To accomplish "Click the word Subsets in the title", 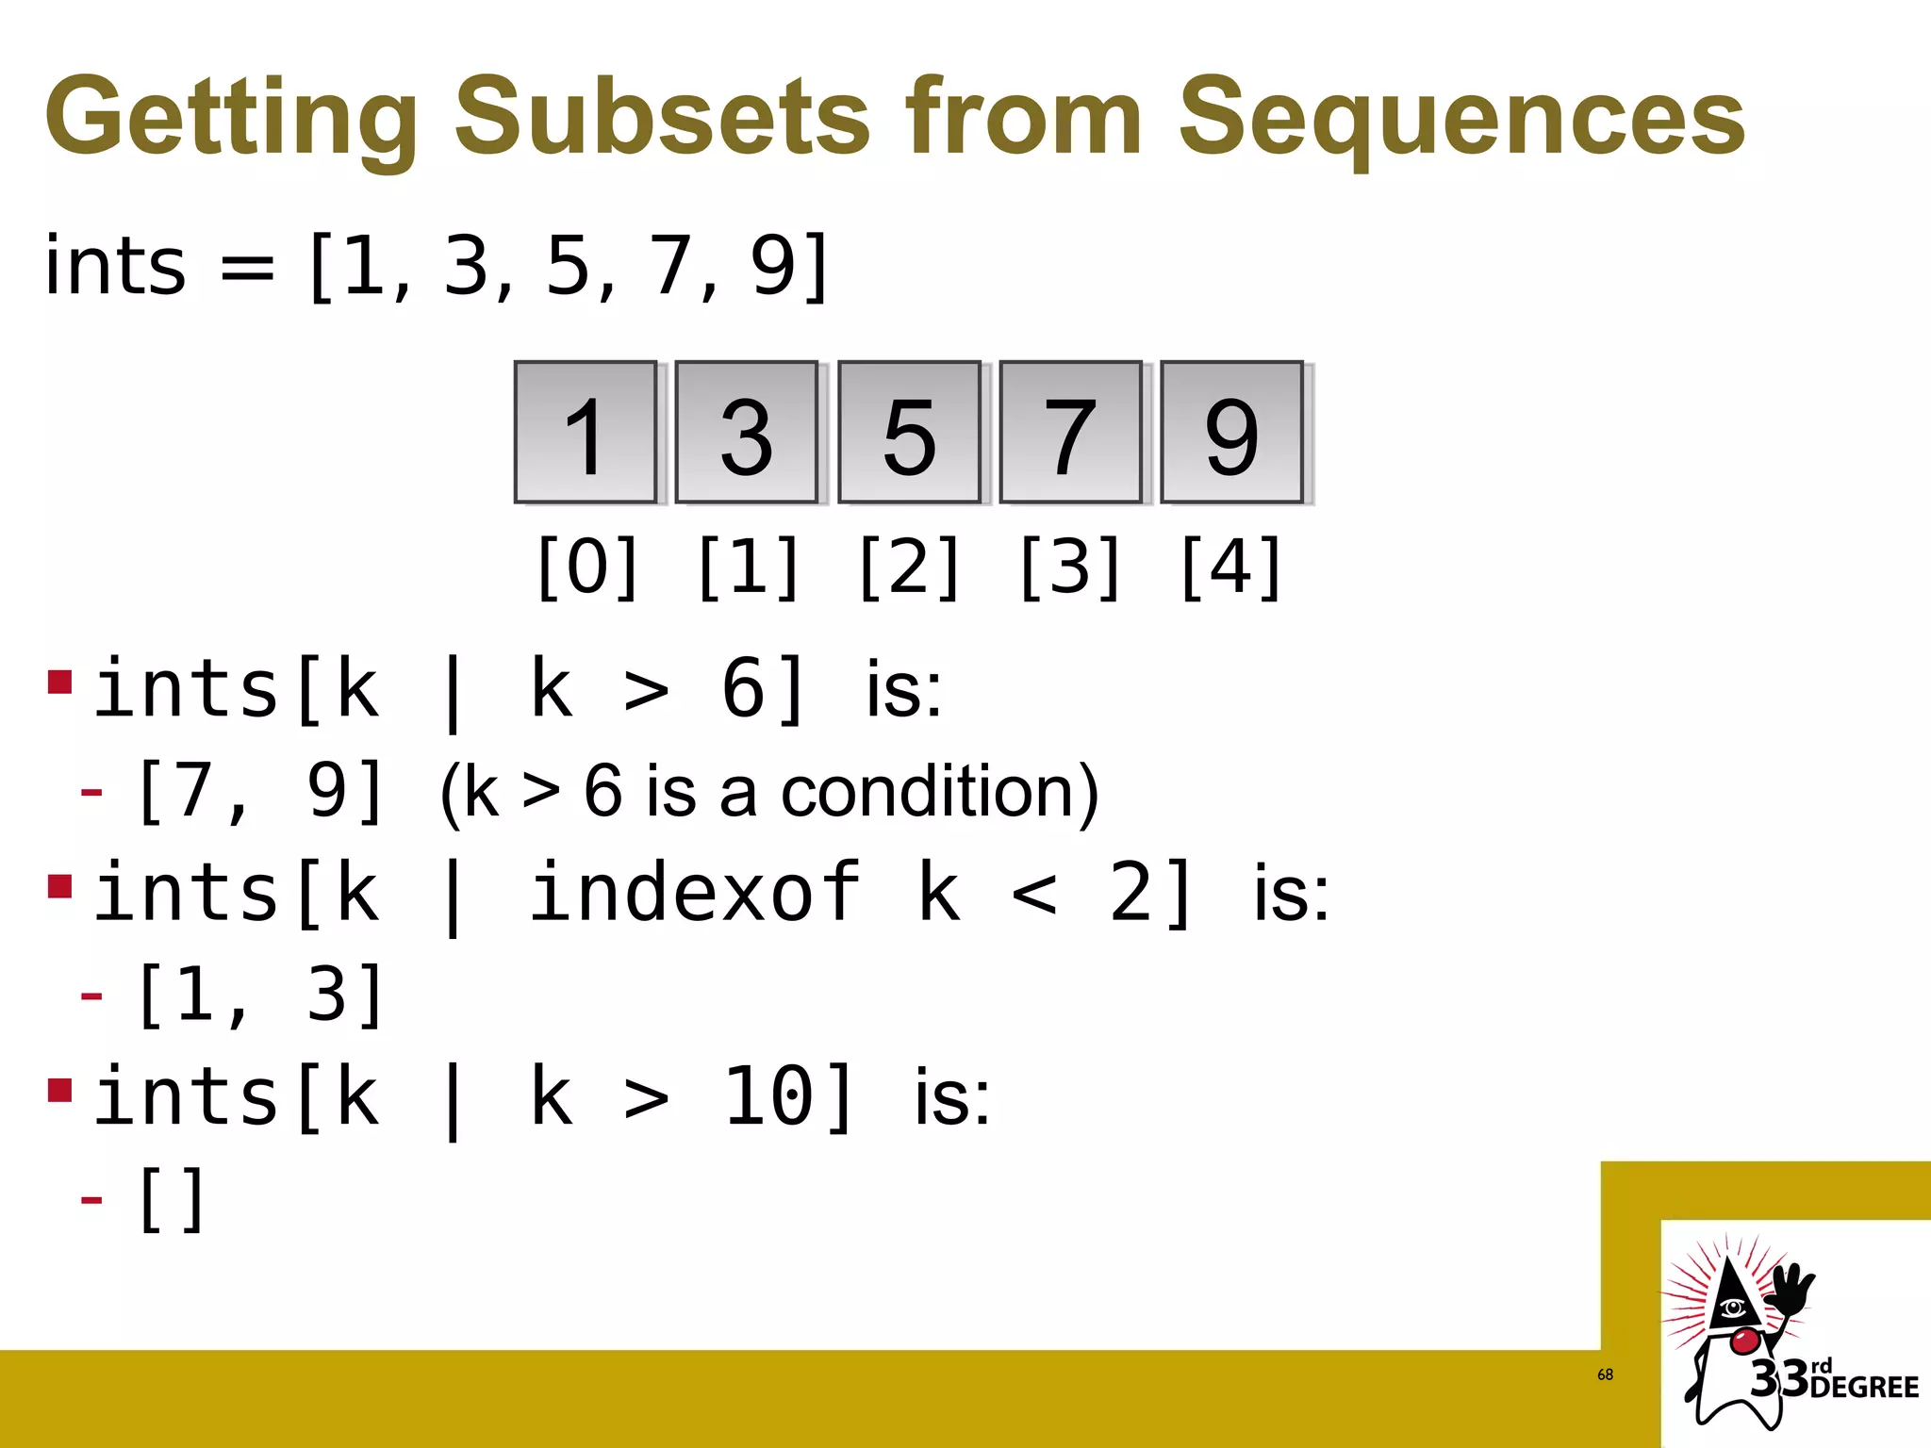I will click(662, 117).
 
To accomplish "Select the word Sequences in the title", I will click(1461, 117).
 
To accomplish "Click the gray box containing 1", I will click(586, 433).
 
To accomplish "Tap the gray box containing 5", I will click(909, 433).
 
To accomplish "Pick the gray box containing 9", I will click(1231, 433).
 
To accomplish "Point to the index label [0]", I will click(587, 567).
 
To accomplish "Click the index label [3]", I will click(1071, 567).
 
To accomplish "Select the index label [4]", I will click(1231, 567).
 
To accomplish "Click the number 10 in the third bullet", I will click(768, 1096).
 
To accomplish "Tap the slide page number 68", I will click(1605, 1374).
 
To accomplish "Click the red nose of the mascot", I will click(1745, 1340).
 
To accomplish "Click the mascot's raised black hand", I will click(1790, 1292).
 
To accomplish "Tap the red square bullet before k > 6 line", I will click(60, 681).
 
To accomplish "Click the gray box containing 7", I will click(1070, 433).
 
